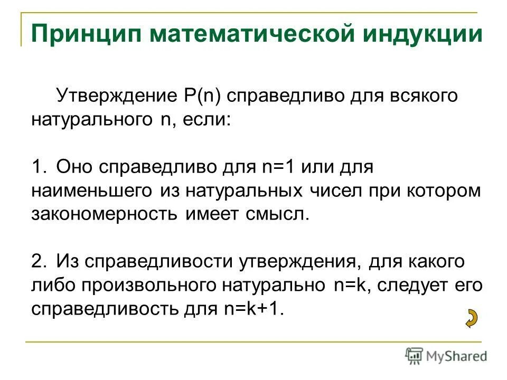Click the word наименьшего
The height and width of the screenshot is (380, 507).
92,190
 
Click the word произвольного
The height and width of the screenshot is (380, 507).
145,285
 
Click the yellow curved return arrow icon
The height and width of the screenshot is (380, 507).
470,318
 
